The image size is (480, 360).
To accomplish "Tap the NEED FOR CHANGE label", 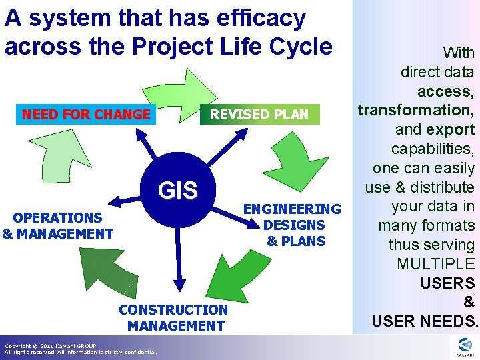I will (86, 114).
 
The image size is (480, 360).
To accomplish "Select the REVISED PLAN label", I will (259, 115).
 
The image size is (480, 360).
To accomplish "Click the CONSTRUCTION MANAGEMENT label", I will (173, 317).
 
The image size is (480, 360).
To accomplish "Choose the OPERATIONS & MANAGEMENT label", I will (57, 225).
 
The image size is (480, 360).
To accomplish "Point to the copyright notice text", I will (80, 349).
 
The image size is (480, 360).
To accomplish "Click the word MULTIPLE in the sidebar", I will (436, 264).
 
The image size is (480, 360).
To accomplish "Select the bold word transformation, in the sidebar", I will (415, 110).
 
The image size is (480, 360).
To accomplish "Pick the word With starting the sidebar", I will (459, 53).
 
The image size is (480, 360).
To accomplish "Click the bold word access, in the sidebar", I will (445, 91).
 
